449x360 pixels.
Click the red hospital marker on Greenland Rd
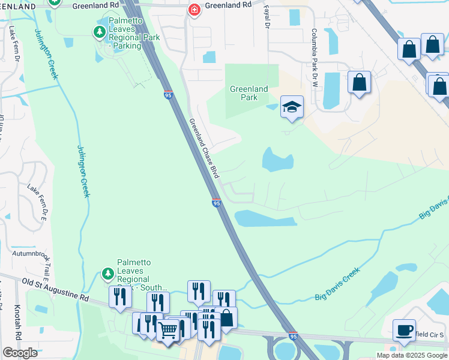click(194, 10)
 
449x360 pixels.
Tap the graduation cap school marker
click(292, 107)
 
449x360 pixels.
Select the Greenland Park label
click(249, 93)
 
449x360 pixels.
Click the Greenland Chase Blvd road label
click(203, 148)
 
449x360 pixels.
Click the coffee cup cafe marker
click(404, 329)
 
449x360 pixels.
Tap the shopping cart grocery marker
click(167, 329)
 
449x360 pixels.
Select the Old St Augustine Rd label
click(55, 289)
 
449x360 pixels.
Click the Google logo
click(20, 353)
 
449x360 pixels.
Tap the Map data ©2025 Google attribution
click(411, 355)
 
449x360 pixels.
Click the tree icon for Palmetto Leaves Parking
click(99, 31)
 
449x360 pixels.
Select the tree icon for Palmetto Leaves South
click(108, 274)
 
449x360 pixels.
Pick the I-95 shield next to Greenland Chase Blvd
click(216, 203)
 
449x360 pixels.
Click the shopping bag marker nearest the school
click(359, 82)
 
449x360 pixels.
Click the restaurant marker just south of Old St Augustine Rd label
click(120, 296)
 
